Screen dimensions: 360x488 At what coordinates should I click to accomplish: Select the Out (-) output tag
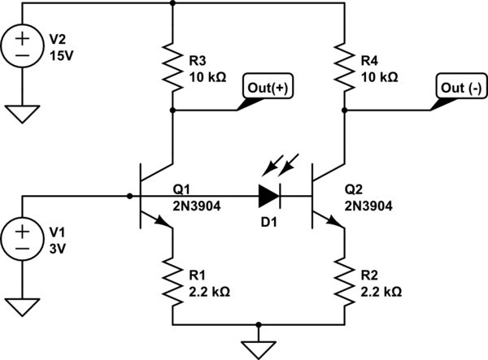click(460, 89)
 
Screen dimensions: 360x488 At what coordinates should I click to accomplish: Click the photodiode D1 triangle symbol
click(269, 195)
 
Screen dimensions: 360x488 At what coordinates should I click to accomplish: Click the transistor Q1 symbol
click(155, 195)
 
